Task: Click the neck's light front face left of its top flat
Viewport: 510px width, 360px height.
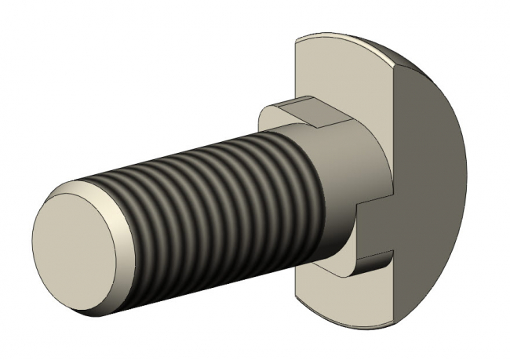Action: tap(271, 118)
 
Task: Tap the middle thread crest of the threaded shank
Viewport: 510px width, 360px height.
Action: tap(220, 196)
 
